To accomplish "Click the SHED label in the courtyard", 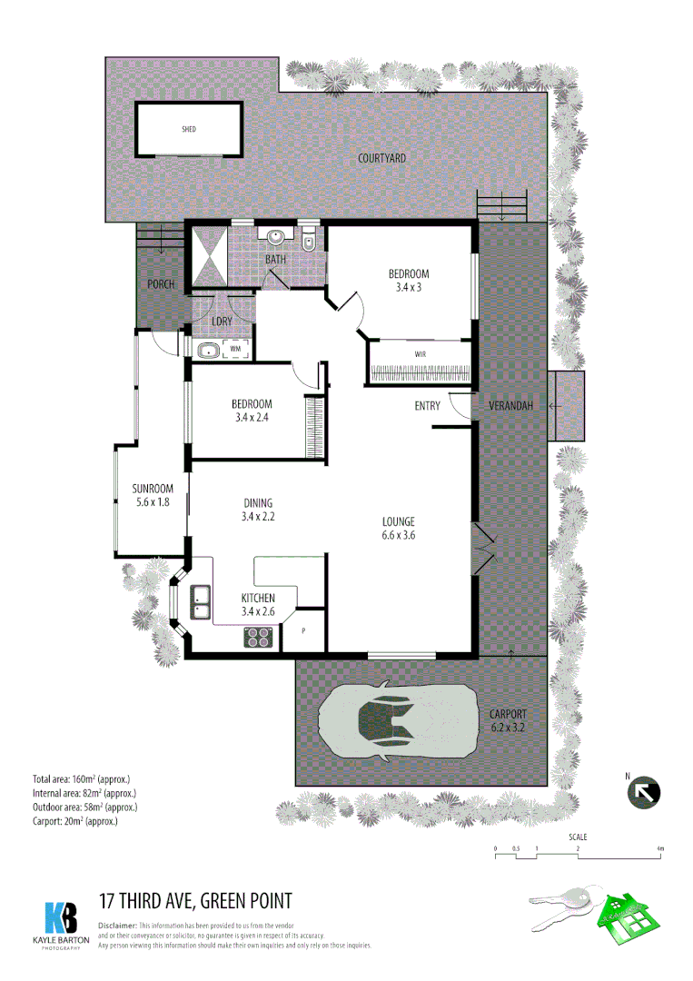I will click(189, 130).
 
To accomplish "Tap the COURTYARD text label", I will click(381, 158).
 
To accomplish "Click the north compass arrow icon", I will click(644, 792).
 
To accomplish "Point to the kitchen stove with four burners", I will click(259, 637).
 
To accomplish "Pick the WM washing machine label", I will click(234, 349).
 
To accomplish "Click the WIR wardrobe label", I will click(421, 354).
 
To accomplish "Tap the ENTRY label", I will click(427, 406).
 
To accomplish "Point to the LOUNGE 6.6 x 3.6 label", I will click(399, 528).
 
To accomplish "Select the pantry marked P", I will click(302, 629).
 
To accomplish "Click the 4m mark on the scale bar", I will click(660, 849).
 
